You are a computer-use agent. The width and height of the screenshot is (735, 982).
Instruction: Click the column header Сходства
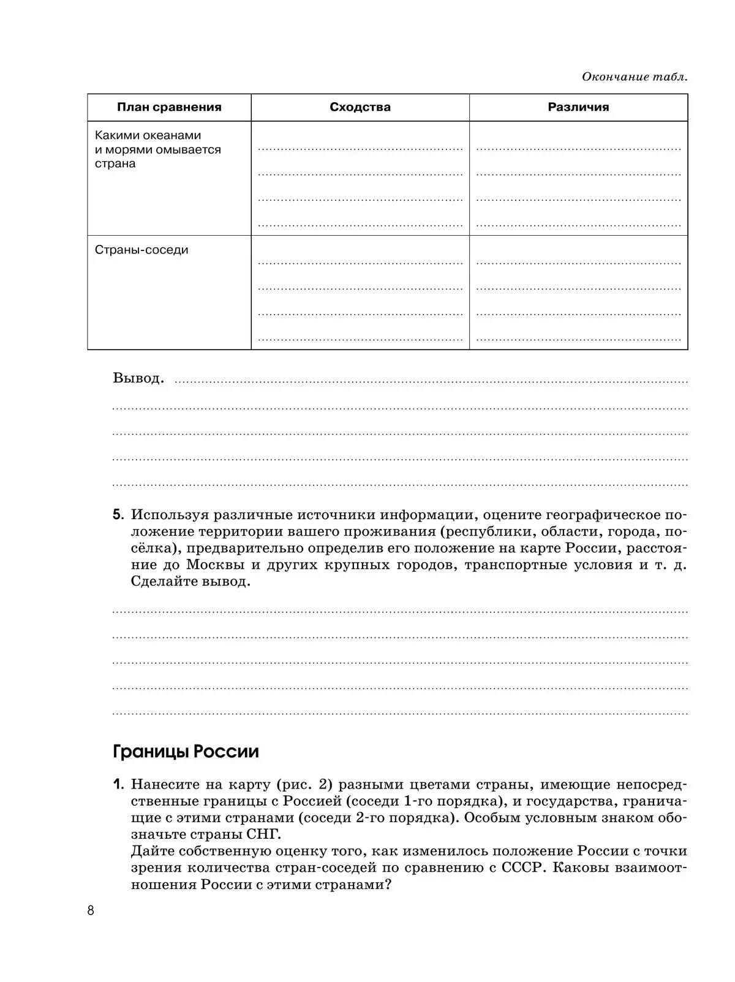click(x=360, y=107)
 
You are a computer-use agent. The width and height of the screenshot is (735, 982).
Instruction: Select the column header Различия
click(x=578, y=107)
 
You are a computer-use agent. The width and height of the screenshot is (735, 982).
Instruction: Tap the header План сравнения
click(x=169, y=107)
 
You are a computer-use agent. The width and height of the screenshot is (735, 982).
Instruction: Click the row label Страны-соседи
click(x=141, y=250)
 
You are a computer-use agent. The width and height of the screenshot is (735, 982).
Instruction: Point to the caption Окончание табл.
click(x=635, y=77)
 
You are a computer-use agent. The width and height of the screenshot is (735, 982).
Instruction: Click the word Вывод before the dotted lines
click(x=138, y=378)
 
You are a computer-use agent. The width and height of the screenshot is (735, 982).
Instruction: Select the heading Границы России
click(x=186, y=751)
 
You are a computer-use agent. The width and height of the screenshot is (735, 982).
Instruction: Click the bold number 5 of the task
click(x=118, y=515)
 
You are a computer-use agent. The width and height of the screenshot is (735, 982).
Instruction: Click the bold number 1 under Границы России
click(x=118, y=784)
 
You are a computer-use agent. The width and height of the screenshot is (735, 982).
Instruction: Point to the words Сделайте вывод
click(x=190, y=581)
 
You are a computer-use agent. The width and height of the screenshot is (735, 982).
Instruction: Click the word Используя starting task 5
click(x=167, y=515)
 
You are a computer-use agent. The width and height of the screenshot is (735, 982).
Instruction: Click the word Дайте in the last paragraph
click(x=149, y=851)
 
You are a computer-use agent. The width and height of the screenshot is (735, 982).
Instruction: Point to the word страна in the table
click(x=115, y=163)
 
